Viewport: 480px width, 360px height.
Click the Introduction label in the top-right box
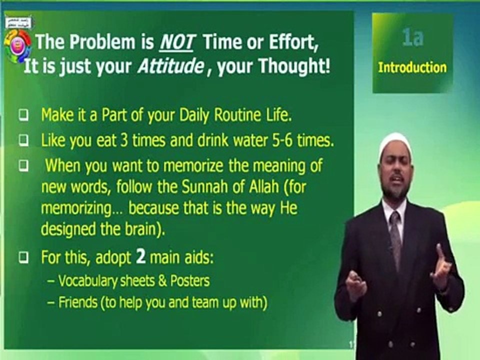click(x=412, y=67)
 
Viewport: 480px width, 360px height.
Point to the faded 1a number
click(x=412, y=38)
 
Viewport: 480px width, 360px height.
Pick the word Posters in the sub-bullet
click(x=190, y=281)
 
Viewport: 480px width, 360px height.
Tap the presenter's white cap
click(x=394, y=142)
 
